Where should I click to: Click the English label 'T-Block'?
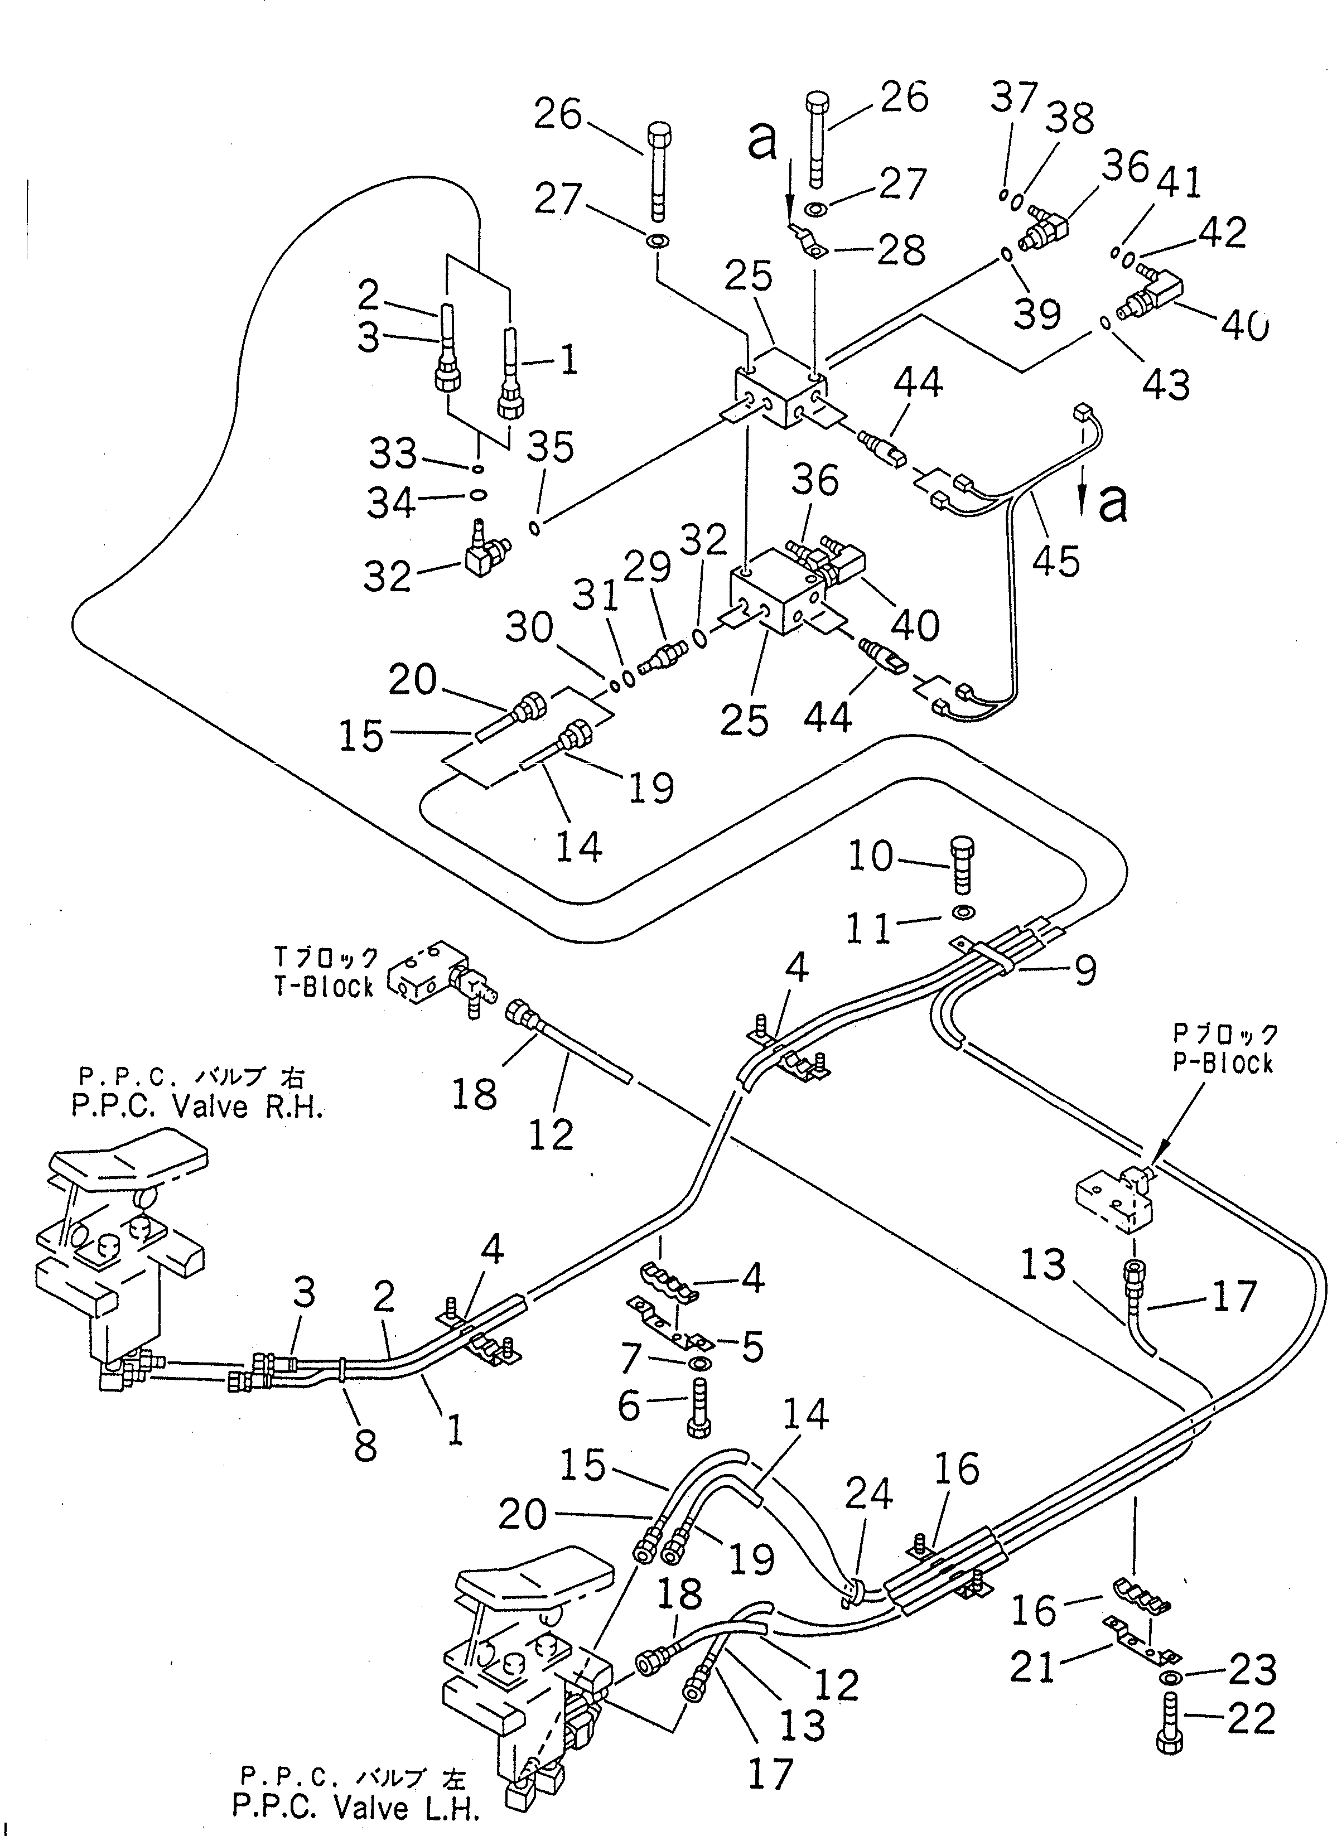[323, 988]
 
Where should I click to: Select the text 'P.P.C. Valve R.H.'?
[197, 1107]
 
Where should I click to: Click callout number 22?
[1251, 1719]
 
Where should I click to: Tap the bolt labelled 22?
[1171, 1725]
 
